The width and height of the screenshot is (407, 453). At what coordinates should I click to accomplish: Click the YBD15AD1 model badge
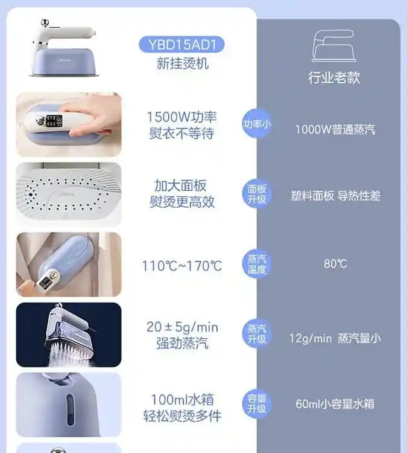(x=181, y=45)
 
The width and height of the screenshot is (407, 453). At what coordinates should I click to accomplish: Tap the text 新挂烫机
(x=182, y=63)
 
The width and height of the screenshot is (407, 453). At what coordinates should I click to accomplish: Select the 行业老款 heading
(x=334, y=78)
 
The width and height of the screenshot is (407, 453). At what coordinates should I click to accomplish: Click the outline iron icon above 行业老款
(x=334, y=46)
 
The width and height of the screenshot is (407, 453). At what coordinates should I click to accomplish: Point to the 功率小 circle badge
(x=256, y=124)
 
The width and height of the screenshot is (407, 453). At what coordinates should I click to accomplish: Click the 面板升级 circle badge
(x=256, y=194)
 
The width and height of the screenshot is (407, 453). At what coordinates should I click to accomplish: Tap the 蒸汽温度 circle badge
(x=256, y=264)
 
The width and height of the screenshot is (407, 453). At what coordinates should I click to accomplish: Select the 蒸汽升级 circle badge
(x=256, y=333)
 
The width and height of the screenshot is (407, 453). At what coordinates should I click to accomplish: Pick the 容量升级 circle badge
(x=256, y=404)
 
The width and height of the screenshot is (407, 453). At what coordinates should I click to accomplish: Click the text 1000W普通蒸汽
(x=335, y=129)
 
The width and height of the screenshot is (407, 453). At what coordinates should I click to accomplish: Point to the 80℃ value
(x=335, y=264)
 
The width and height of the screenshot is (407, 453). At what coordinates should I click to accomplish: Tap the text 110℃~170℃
(x=182, y=266)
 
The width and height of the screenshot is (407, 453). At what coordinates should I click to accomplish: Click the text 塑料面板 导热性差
(x=335, y=196)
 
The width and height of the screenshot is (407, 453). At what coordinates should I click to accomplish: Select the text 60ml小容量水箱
(x=335, y=404)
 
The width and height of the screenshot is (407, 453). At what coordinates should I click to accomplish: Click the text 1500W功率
(x=181, y=117)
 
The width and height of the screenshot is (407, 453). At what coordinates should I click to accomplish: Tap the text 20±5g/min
(x=182, y=327)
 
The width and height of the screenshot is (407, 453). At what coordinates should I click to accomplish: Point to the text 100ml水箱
(x=182, y=400)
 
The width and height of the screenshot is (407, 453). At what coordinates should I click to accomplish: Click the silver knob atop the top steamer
(x=45, y=22)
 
